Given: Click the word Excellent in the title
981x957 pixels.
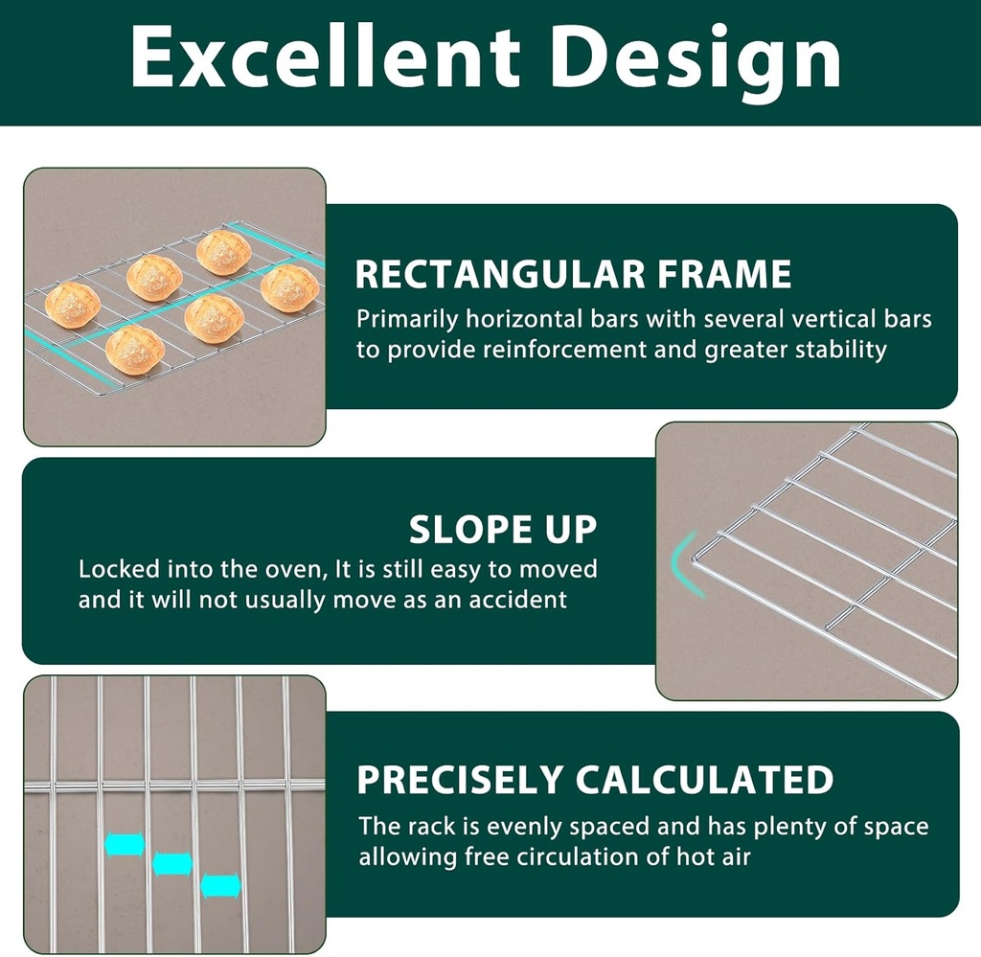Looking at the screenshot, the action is click(x=326, y=57).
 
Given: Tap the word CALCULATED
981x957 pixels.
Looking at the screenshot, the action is click(x=704, y=780).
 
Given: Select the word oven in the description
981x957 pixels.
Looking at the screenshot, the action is click(x=293, y=570).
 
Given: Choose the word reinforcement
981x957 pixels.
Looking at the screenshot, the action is click(x=564, y=349).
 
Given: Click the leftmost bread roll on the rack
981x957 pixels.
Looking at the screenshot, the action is click(x=73, y=305).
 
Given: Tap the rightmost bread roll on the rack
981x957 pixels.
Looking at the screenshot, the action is click(x=289, y=287).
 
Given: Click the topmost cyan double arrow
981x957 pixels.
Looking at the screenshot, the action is click(x=125, y=844).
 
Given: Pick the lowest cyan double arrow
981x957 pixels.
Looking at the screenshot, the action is click(x=221, y=886).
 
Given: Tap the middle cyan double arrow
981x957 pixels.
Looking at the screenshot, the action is click(x=172, y=864).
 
